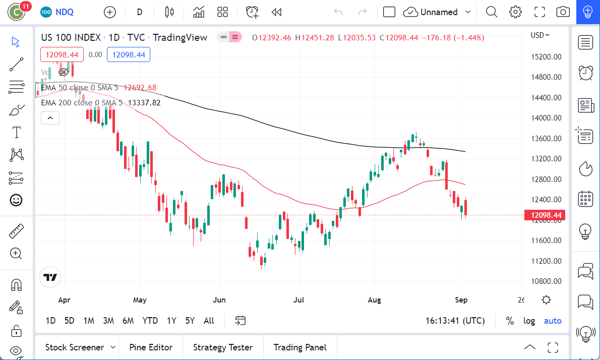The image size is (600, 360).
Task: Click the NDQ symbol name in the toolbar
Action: (64, 12)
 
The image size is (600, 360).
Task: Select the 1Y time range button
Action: (171, 321)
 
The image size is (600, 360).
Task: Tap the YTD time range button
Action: (150, 321)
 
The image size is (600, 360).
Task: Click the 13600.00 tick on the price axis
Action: (547, 139)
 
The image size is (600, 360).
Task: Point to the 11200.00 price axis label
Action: (547, 261)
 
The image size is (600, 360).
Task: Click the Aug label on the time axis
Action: (374, 300)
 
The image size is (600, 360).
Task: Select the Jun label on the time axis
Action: (219, 300)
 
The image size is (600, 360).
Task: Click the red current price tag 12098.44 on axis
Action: (545, 215)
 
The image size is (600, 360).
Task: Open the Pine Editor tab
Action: (151, 347)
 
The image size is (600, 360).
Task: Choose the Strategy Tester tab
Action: (223, 347)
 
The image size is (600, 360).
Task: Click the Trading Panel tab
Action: (299, 347)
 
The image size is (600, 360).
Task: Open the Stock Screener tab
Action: (75, 347)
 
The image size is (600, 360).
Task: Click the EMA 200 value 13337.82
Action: (144, 103)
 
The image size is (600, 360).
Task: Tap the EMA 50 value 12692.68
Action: (140, 88)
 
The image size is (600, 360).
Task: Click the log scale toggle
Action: (529, 321)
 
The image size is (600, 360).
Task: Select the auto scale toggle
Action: (553, 321)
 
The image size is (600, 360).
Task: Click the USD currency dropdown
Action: (540, 35)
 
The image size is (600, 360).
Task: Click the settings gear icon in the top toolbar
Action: (515, 12)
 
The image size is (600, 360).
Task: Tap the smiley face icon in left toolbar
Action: (17, 200)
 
